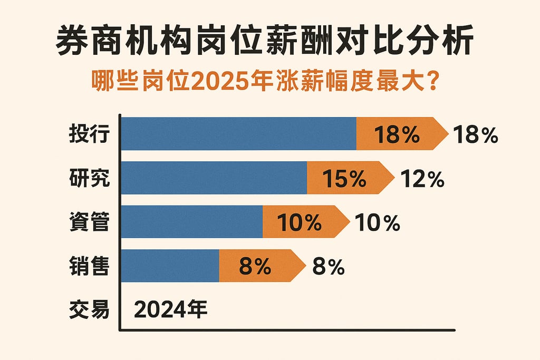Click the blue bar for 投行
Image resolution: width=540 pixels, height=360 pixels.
tap(239, 134)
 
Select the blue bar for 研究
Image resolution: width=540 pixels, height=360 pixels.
tap(215, 178)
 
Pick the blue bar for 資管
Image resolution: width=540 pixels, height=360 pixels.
tap(192, 222)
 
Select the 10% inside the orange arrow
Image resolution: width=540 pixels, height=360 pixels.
tap(299, 223)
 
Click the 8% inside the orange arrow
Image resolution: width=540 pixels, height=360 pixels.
tap(255, 267)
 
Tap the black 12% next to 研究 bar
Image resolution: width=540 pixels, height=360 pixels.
tap(422, 180)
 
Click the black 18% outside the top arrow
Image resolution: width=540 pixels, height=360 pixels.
tap(475, 135)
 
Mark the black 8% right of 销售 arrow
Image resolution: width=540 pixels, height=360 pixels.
tap(328, 267)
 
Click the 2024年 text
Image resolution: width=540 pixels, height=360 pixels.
tap(171, 309)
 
